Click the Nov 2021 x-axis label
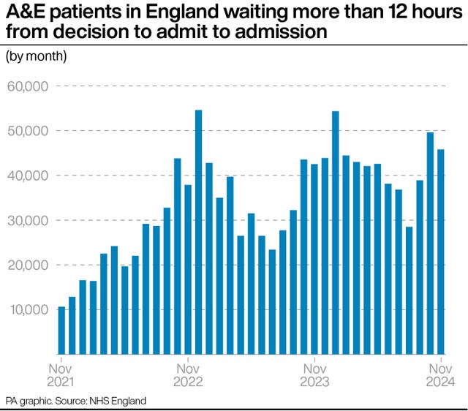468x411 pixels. point(61,374)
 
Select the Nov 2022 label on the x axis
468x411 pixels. point(188,374)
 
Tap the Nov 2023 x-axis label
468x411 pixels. point(314,374)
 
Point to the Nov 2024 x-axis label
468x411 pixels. point(441,374)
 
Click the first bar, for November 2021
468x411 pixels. point(61,330)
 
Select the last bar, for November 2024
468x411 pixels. point(441,252)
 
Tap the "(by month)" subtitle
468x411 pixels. point(37,56)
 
